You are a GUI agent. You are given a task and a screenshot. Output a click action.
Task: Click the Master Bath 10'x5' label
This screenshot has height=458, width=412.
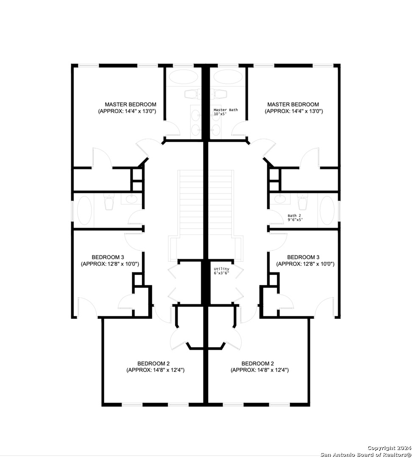pos(225,112)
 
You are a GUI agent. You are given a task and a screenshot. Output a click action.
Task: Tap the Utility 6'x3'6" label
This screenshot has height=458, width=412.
pos(221,271)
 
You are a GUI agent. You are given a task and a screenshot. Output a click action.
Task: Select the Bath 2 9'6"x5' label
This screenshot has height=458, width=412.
pos(295,218)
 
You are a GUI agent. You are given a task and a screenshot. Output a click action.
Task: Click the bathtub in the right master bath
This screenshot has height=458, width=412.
pos(228,78)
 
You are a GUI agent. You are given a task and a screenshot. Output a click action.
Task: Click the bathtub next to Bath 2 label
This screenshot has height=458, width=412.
pos(327,211)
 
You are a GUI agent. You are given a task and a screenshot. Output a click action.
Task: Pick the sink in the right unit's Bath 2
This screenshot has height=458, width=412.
pos(280,199)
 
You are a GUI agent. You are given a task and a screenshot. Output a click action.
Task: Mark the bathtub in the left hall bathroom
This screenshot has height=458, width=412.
pos(84,211)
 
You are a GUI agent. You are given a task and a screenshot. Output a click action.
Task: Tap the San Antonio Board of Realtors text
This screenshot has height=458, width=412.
pos(365,455)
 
